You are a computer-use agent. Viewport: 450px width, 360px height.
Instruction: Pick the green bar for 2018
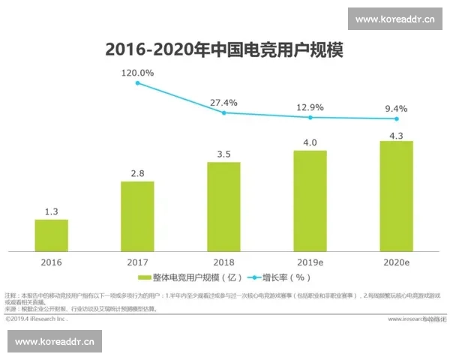click(223, 205)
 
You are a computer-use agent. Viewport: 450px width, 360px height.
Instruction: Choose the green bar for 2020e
click(396, 196)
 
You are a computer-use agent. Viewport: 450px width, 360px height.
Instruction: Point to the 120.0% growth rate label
click(138, 73)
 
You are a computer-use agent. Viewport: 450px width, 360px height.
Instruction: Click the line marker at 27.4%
click(223, 112)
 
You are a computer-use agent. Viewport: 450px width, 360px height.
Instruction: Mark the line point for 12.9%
click(310, 117)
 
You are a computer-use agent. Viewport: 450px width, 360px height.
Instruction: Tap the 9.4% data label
click(396, 108)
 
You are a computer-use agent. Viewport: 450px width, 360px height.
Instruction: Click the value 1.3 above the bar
click(52, 211)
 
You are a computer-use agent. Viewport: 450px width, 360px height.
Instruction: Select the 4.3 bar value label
click(396, 133)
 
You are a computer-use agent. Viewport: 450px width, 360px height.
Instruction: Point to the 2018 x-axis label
click(223, 262)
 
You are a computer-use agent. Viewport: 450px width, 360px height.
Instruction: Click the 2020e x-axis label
click(396, 262)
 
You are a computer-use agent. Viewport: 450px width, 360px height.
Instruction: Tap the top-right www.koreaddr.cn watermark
click(395, 19)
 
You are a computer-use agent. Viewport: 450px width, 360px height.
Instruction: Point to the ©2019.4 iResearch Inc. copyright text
click(37, 319)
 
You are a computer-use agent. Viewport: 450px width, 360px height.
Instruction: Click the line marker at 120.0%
click(138, 82)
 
